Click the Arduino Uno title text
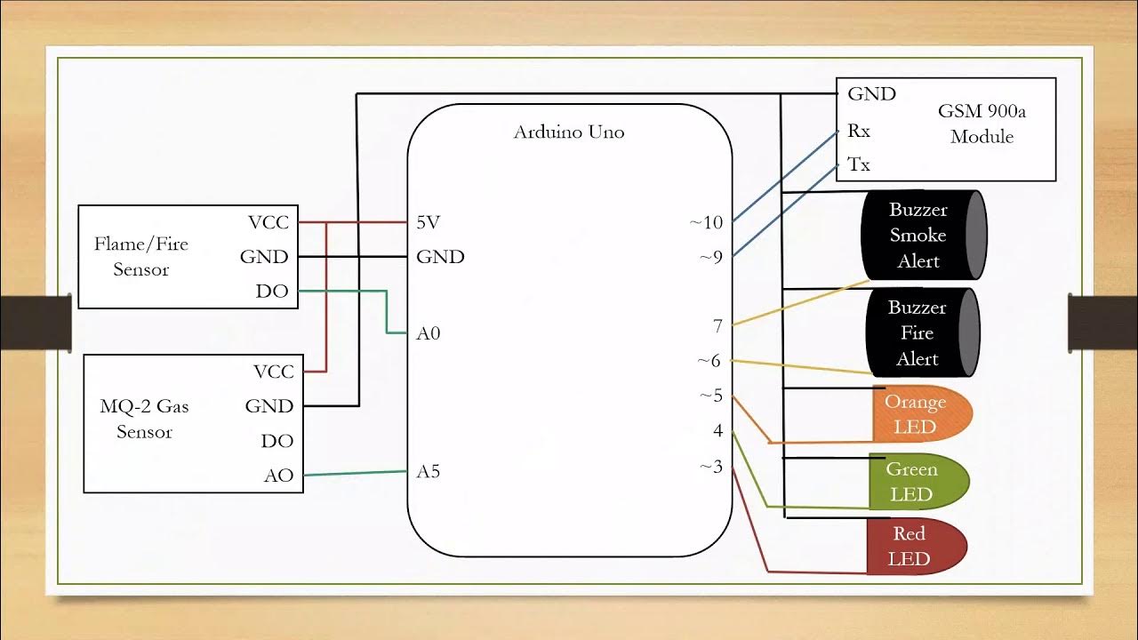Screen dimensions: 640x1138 click(x=569, y=132)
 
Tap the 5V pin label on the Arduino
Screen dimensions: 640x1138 click(x=429, y=222)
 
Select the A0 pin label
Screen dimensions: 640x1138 click(x=429, y=333)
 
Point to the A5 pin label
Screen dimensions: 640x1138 click(x=429, y=471)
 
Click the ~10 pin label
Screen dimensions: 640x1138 click(x=707, y=222)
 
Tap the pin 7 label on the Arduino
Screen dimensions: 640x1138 click(x=717, y=326)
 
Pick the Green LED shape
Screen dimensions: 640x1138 click(x=916, y=481)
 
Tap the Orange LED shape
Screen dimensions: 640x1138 click(x=919, y=414)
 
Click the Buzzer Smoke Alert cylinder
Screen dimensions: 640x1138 click(x=923, y=236)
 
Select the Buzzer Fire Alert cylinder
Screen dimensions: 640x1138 click(x=920, y=333)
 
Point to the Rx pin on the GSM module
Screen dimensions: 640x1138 click(x=859, y=131)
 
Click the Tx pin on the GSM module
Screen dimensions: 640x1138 click(x=859, y=164)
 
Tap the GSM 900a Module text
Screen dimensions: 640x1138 click(x=982, y=124)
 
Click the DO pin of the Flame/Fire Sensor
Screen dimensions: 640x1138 click(x=272, y=292)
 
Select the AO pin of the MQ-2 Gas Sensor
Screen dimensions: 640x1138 click(x=278, y=476)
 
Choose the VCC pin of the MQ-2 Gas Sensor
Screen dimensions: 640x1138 click(x=273, y=372)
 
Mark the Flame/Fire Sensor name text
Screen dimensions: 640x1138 click(x=141, y=256)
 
